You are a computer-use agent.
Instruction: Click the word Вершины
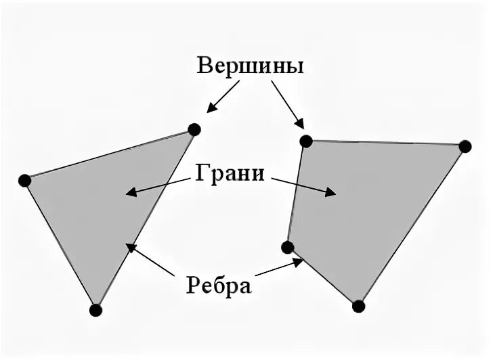(x=250, y=66)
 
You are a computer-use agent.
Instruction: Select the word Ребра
(x=219, y=284)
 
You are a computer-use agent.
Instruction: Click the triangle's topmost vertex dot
(x=194, y=129)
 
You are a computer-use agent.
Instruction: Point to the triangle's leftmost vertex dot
(x=25, y=180)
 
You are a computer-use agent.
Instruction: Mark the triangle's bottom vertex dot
(x=95, y=310)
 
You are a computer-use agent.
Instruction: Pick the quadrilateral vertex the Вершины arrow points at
(x=306, y=141)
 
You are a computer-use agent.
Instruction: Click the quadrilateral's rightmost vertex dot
(x=465, y=146)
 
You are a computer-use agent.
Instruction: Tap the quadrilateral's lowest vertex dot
(x=359, y=306)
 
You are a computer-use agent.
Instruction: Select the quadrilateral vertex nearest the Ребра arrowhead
(x=288, y=247)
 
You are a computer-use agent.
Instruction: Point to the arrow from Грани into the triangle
(x=158, y=187)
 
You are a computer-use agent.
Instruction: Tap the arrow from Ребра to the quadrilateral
(x=278, y=267)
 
